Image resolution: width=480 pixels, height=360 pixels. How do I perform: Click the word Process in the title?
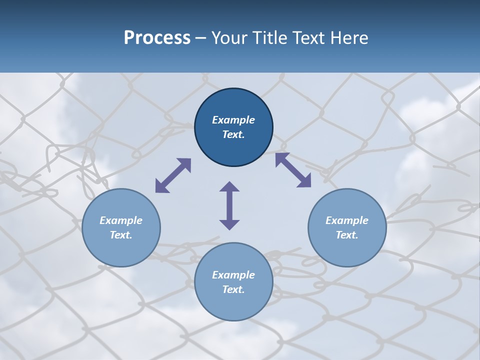click(x=157, y=37)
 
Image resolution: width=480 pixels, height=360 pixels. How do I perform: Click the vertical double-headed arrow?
click(x=229, y=205)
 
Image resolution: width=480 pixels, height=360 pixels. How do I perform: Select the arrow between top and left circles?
click(x=173, y=175)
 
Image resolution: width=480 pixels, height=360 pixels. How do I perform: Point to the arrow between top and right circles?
click(x=293, y=170)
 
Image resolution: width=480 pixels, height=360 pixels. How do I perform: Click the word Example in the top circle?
click(x=233, y=120)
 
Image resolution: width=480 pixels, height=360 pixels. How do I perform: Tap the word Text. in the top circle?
click(x=233, y=134)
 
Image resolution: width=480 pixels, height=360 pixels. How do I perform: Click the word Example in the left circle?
click(x=121, y=220)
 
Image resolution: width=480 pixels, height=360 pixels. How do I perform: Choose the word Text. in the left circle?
click(x=121, y=235)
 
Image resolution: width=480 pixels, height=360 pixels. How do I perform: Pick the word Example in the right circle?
click(x=347, y=220)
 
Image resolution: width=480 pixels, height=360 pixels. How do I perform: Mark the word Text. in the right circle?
click(x=347, y=235)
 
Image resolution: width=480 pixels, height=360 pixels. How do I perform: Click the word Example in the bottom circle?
click(x=233, y=275)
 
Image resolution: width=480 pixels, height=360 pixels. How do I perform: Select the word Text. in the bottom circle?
click(x=233, y=289)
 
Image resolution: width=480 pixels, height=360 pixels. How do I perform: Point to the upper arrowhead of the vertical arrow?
click(x=229, y=187)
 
